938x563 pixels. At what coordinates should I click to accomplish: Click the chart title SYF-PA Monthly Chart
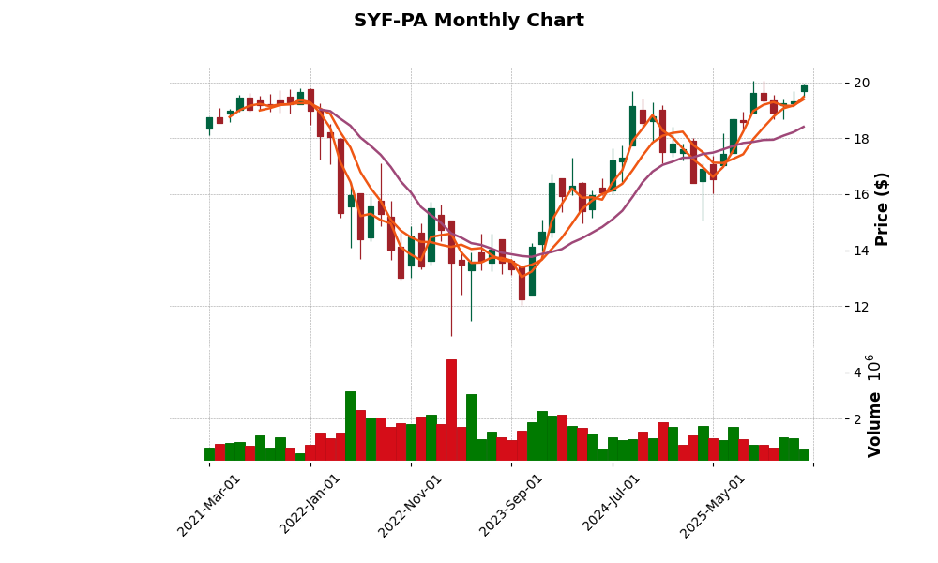[468, 21]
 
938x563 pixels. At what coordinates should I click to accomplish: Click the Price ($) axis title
[882, 208]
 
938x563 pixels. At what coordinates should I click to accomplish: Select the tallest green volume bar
[351, 426]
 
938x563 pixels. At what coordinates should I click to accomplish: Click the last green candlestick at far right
[804, 88]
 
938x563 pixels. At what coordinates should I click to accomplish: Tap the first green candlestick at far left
[210, 123]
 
